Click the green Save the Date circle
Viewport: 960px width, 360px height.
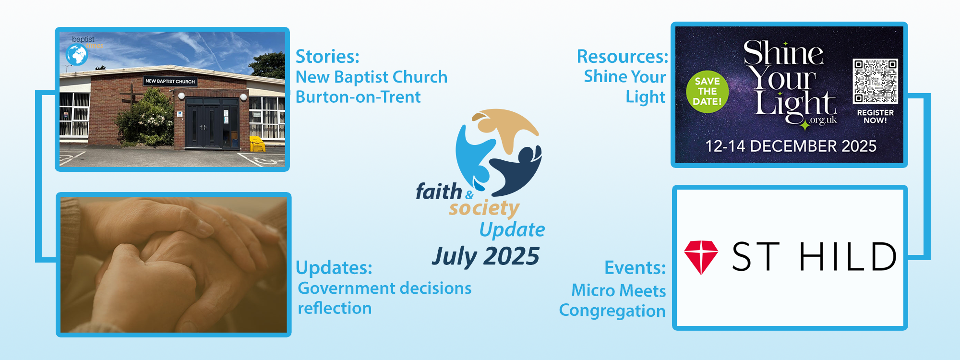tap(707, 92)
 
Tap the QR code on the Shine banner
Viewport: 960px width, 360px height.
tap(875, 81)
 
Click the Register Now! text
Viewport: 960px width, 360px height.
tap(875, 116)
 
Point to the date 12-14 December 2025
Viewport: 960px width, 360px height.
tap(791, 146)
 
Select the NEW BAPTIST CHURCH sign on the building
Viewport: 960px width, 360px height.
tap(170, 81)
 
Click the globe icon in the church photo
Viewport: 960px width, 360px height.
tap(77, 54)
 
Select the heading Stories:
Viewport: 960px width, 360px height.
tap(327, 57)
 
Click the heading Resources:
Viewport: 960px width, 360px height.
tap(622, 57)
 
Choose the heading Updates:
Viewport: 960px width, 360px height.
tap(334, 268)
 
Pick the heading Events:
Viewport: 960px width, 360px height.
tap(635, 267)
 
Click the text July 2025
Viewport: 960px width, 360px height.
tap(485, 256)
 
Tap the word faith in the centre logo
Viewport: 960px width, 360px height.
tap(439, 192)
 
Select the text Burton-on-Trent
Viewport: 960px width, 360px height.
tap(358, 97)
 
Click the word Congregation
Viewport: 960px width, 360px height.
tap(612, 311)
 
